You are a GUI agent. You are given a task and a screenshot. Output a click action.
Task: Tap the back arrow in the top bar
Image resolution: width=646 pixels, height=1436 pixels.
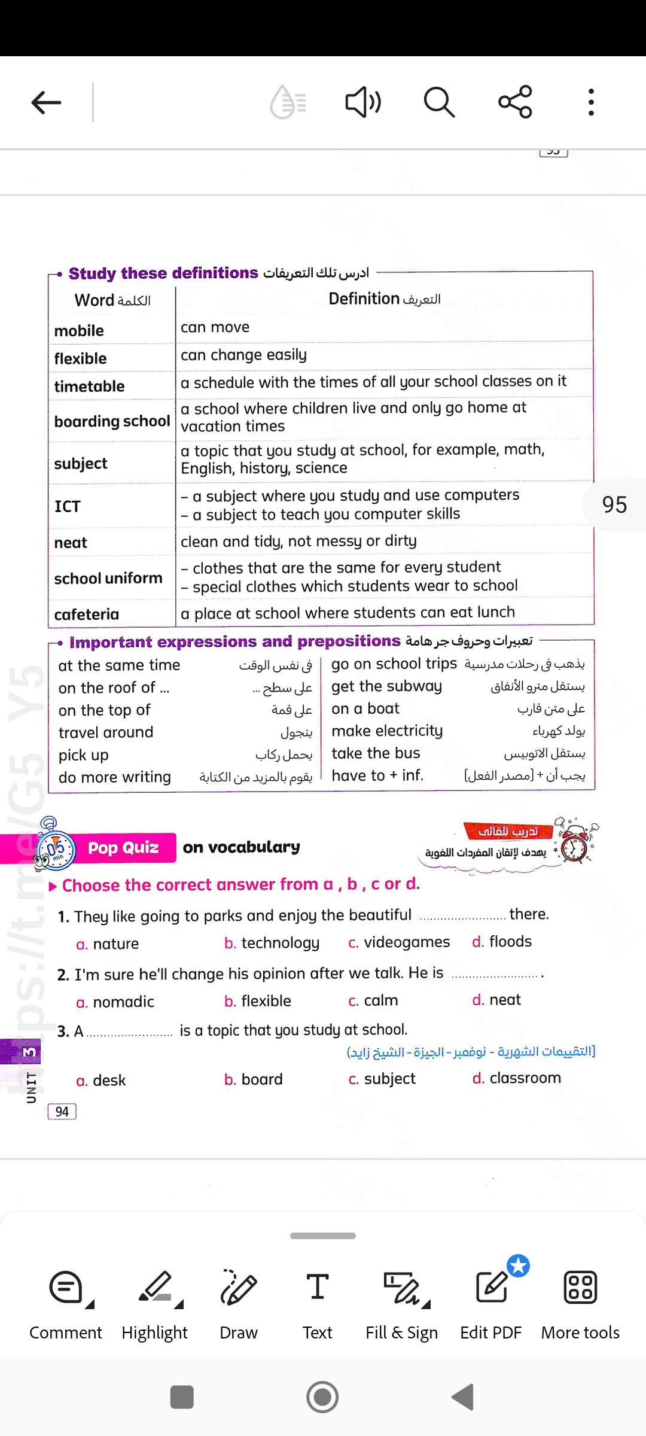point(47,102)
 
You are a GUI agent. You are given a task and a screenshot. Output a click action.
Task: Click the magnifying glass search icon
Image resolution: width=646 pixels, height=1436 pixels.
point(439,102)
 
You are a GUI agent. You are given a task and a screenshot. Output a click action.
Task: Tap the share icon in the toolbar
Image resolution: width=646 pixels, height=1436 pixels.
point(515,102)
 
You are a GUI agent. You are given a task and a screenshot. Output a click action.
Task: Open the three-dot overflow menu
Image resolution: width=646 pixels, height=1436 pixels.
point(591,102)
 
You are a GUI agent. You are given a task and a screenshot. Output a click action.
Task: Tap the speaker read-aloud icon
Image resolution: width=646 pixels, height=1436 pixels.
point(362,102)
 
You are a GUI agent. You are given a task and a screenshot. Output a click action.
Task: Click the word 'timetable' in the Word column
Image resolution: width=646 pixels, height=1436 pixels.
point(90,387)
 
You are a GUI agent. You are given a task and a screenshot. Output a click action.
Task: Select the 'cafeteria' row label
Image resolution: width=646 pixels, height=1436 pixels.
point(87,614)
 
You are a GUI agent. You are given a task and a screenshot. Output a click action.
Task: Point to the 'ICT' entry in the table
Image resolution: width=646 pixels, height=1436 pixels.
point(67,506)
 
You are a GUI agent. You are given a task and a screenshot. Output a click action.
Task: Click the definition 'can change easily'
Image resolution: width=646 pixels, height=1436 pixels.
point(243,355)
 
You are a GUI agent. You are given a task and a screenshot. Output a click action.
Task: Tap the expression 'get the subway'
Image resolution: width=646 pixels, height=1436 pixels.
point(386,686)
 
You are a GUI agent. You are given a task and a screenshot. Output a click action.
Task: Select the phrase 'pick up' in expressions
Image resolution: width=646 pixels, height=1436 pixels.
point(83,755)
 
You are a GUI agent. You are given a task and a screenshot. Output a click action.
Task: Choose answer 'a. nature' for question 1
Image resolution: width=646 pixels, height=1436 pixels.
point(108,944)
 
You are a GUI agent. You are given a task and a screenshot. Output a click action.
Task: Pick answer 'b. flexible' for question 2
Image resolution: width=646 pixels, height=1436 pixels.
point(258,1001)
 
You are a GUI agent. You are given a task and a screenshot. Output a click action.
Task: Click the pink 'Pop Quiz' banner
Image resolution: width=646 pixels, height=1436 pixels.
point(123,848)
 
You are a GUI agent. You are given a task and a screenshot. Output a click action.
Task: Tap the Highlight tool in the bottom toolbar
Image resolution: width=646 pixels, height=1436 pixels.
point(154,1304)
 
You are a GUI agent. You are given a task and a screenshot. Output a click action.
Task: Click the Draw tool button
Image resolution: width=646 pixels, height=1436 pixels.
point(238,1304)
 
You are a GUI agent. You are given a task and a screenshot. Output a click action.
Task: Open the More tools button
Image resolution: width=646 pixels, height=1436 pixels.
point(580,1304)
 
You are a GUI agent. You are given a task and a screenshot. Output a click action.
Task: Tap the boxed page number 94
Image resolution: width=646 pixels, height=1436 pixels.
point(62,1112)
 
